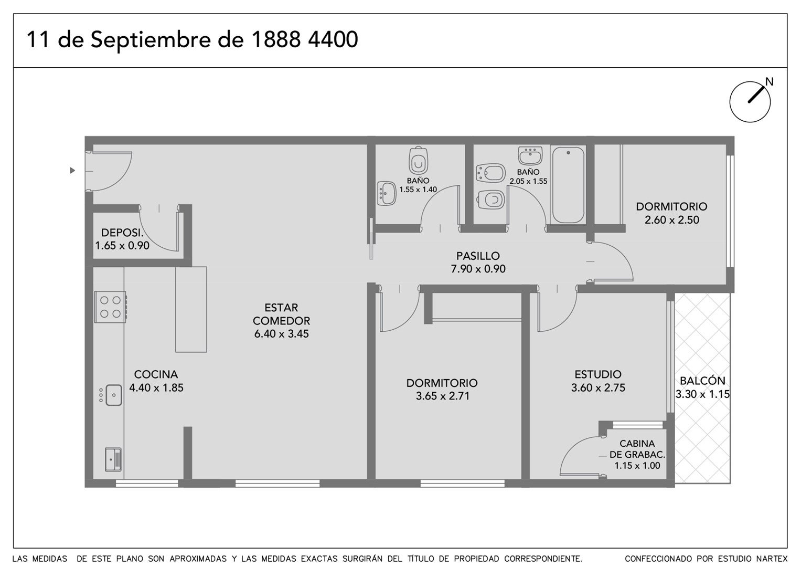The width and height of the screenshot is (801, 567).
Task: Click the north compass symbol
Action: coord(750,102)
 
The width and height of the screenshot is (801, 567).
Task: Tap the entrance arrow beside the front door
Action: coord(72,171)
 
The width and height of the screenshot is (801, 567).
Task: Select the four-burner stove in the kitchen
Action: coord(111,307)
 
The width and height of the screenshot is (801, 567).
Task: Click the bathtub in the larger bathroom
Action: coord(568,185)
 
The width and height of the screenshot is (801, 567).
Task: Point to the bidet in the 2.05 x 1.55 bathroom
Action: coord(490,174)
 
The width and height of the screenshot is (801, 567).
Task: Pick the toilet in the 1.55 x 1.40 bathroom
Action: coord(418,160)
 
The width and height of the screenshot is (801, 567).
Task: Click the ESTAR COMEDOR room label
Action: coord(281,314)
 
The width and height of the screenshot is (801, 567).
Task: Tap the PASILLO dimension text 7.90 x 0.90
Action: coord(478,269)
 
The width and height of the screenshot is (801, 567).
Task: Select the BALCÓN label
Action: coord(702,381)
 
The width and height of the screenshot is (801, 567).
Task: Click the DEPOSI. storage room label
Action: coord(122,233)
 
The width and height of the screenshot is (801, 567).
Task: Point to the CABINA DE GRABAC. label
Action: coord(637,449)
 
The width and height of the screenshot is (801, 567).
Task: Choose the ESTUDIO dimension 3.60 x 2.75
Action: coord(598,387)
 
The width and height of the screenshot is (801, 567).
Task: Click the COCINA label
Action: coord(156,374)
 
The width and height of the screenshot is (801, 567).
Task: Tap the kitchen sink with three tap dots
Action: coord(111,395)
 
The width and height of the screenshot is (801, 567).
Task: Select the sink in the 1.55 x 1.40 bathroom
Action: coord(387,193)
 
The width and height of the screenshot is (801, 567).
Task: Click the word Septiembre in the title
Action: coord(151,39)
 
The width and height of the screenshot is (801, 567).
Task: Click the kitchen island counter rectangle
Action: coord(191,309)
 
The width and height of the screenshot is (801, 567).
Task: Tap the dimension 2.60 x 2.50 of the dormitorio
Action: coord(671,220)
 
